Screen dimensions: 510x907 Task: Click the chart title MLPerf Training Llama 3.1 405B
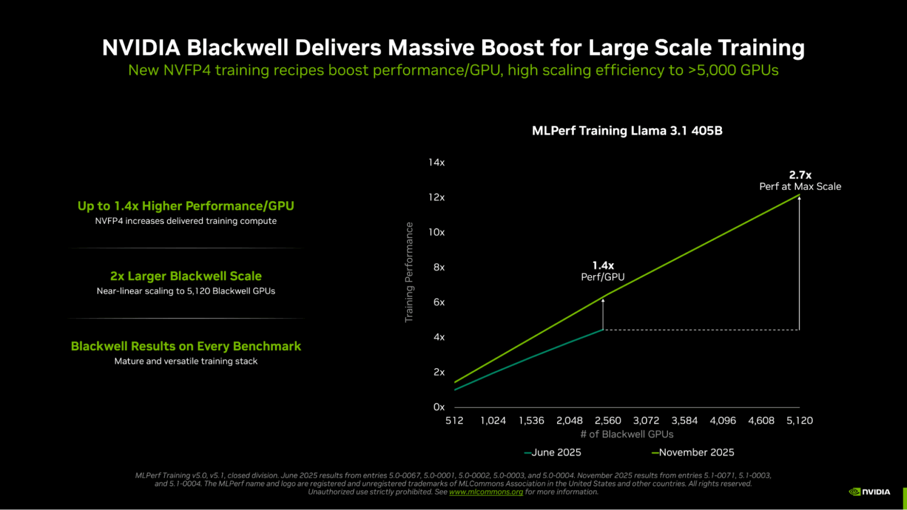tap(627, 131)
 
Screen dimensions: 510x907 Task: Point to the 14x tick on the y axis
tap(436, 162)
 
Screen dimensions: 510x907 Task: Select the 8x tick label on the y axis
tap(439, 267)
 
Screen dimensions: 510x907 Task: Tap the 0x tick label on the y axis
tap(439, 407)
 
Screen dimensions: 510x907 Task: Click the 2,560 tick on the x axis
tap(608, 420)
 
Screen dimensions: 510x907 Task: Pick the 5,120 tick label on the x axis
tap(799, 420)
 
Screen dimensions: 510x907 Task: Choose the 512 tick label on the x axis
tap(455, 420)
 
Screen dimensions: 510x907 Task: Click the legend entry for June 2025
tap(553, 452)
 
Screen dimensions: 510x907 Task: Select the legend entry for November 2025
tap(693, 452)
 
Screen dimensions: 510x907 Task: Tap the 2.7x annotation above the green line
tap(800, 175)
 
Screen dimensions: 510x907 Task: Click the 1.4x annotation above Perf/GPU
tap(603, 266)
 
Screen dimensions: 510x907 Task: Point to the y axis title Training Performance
tap(409, 273)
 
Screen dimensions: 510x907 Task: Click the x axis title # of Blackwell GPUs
tap(627, 434)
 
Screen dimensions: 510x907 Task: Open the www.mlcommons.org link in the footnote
tap(486, 492)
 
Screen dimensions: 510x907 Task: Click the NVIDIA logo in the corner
tap(869, 492)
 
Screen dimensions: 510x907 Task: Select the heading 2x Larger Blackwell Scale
tap(186, 276)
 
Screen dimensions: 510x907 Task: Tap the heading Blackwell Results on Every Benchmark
tap(186, 346)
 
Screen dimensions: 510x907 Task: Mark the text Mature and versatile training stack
tap(186, 361)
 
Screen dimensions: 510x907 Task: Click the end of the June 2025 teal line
tap(603, 330)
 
